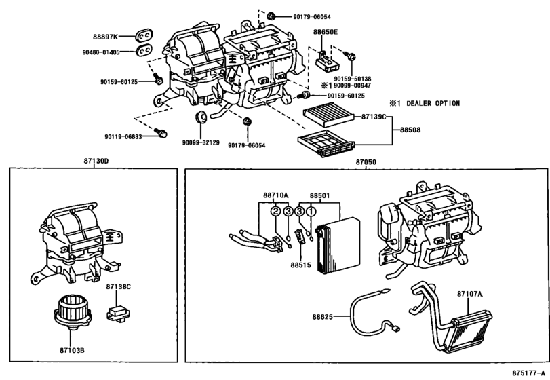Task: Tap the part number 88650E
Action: (x=326, y=32)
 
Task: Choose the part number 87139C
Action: (x=372, y=117)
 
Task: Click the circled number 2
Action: (x=276, y=211)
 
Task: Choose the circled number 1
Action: (x=311, y=211)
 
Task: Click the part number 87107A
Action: (x=469, y=294)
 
